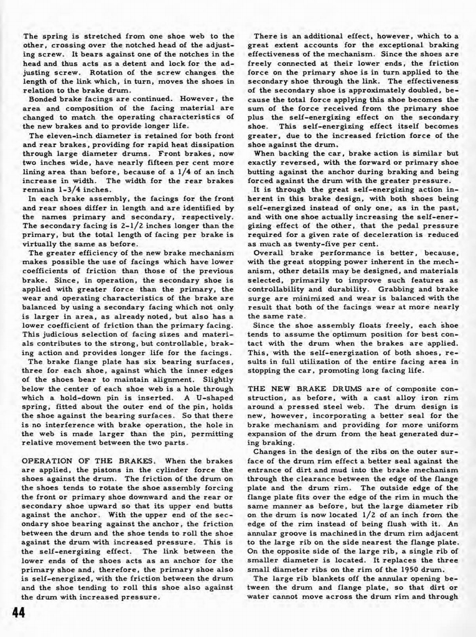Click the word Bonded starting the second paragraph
(x=44, y=99)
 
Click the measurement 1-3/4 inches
(x=76, y=190)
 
